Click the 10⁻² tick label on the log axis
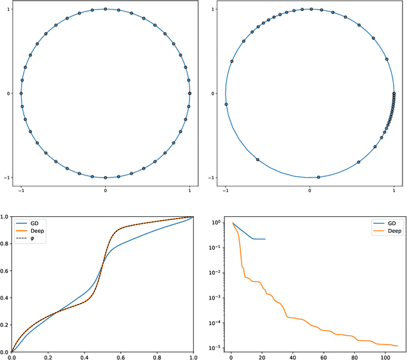click(x=214, y=272)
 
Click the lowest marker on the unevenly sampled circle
click(x=319, y=177)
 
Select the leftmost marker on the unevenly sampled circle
click(x=226, y=104)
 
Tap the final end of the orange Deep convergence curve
click(x=397, y=346)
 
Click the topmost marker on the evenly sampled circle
click(x=106, y=10)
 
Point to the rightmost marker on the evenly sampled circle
click(x=190, y=93)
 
